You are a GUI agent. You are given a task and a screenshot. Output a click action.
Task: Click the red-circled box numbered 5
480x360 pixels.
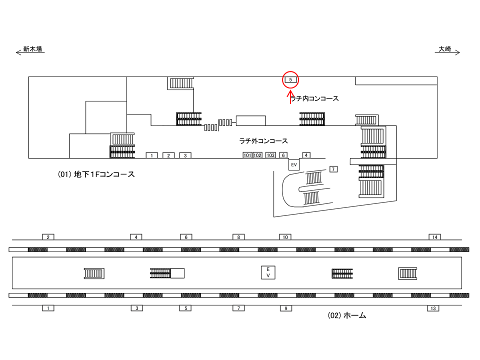click(x=290, y=80)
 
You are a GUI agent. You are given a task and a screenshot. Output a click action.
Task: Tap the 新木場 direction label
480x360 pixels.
click(x=32, y=49)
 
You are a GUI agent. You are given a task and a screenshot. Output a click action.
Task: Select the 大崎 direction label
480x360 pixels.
click(x=445, y=49)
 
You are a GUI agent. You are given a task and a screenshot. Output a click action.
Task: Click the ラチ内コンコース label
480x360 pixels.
click(x=314, y=98)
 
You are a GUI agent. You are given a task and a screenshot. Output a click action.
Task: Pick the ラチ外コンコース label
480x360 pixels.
click(x=263, y=141)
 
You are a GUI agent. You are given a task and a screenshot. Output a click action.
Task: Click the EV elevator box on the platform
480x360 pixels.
click(x=268, y=272)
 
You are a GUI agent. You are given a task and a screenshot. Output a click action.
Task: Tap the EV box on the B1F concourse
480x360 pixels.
click(x=294, y=164)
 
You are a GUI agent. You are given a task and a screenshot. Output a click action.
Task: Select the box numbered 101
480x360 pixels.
click(x=247, y=155)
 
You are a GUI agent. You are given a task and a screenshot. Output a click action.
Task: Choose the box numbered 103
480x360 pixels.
click(x=270, y=155)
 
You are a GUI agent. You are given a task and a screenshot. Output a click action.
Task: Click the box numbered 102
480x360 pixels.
click(x=257, y=155)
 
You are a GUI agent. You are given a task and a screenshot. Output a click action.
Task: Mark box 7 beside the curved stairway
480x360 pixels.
click(x=333, y=169)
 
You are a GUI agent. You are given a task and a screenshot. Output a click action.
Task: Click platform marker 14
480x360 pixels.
click(x=434, y=237)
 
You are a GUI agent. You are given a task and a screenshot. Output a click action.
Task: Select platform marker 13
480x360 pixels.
click(x=433, y=308)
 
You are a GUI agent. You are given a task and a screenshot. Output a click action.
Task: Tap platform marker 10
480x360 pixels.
click(x=285, y=237)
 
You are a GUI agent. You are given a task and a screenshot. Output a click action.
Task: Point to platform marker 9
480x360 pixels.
click(x=286, y=308)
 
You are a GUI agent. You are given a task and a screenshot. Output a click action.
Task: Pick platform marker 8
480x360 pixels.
click(x=238, y=237)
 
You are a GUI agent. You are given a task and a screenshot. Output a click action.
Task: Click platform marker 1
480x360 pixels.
click(x=48, y=308)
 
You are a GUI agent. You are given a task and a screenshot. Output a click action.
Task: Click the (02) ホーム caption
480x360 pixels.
click(x=347, y=315)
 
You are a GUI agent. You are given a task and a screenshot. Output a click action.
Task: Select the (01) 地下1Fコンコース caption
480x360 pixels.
click(x=96, y=174)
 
